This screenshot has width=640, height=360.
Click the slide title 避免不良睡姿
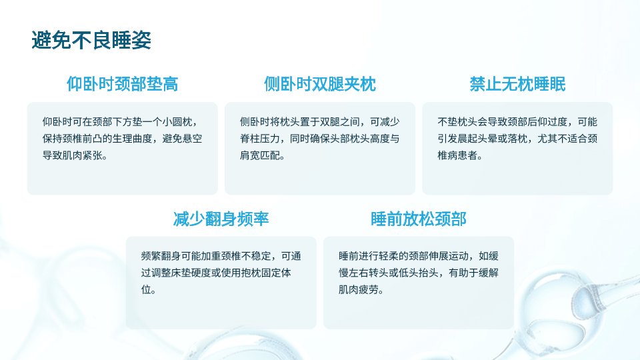pyautogui.click(x=91, y=40)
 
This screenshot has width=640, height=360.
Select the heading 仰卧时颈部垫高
pyautogui.click(x=123, y=84)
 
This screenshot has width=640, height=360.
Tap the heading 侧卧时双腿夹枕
pyautogui.click(x=320, y=84)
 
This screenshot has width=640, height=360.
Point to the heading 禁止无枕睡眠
pyautogui.click(x=517, y=84)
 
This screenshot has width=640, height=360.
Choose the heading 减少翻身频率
pyautogui.click(x=221, y=219)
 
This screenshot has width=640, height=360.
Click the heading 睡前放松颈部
pyautogui.click(x=419, y=219)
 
